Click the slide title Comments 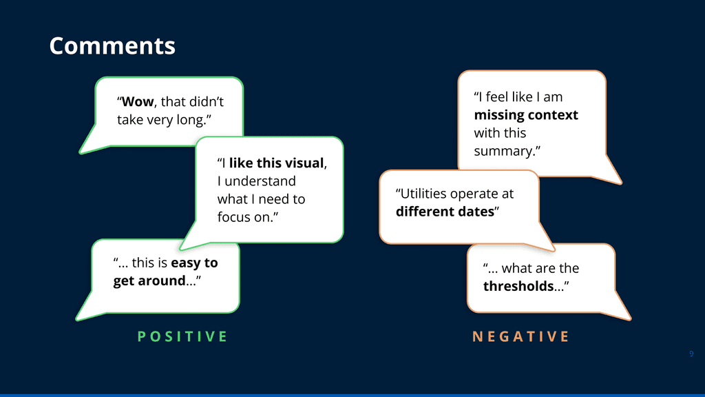click(x=112, y=46)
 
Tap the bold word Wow click(x=138, y=102)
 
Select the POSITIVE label click(x=182, y=336)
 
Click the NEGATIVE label click(x=520, y=336)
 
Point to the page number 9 click(x=691, y=354)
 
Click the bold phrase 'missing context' click(x=526, y=115)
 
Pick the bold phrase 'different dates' click(x=445, y=212)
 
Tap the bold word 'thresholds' click(x=518, y=286)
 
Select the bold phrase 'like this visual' click(x=276, y=163)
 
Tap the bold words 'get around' click(x=149, y=281)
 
